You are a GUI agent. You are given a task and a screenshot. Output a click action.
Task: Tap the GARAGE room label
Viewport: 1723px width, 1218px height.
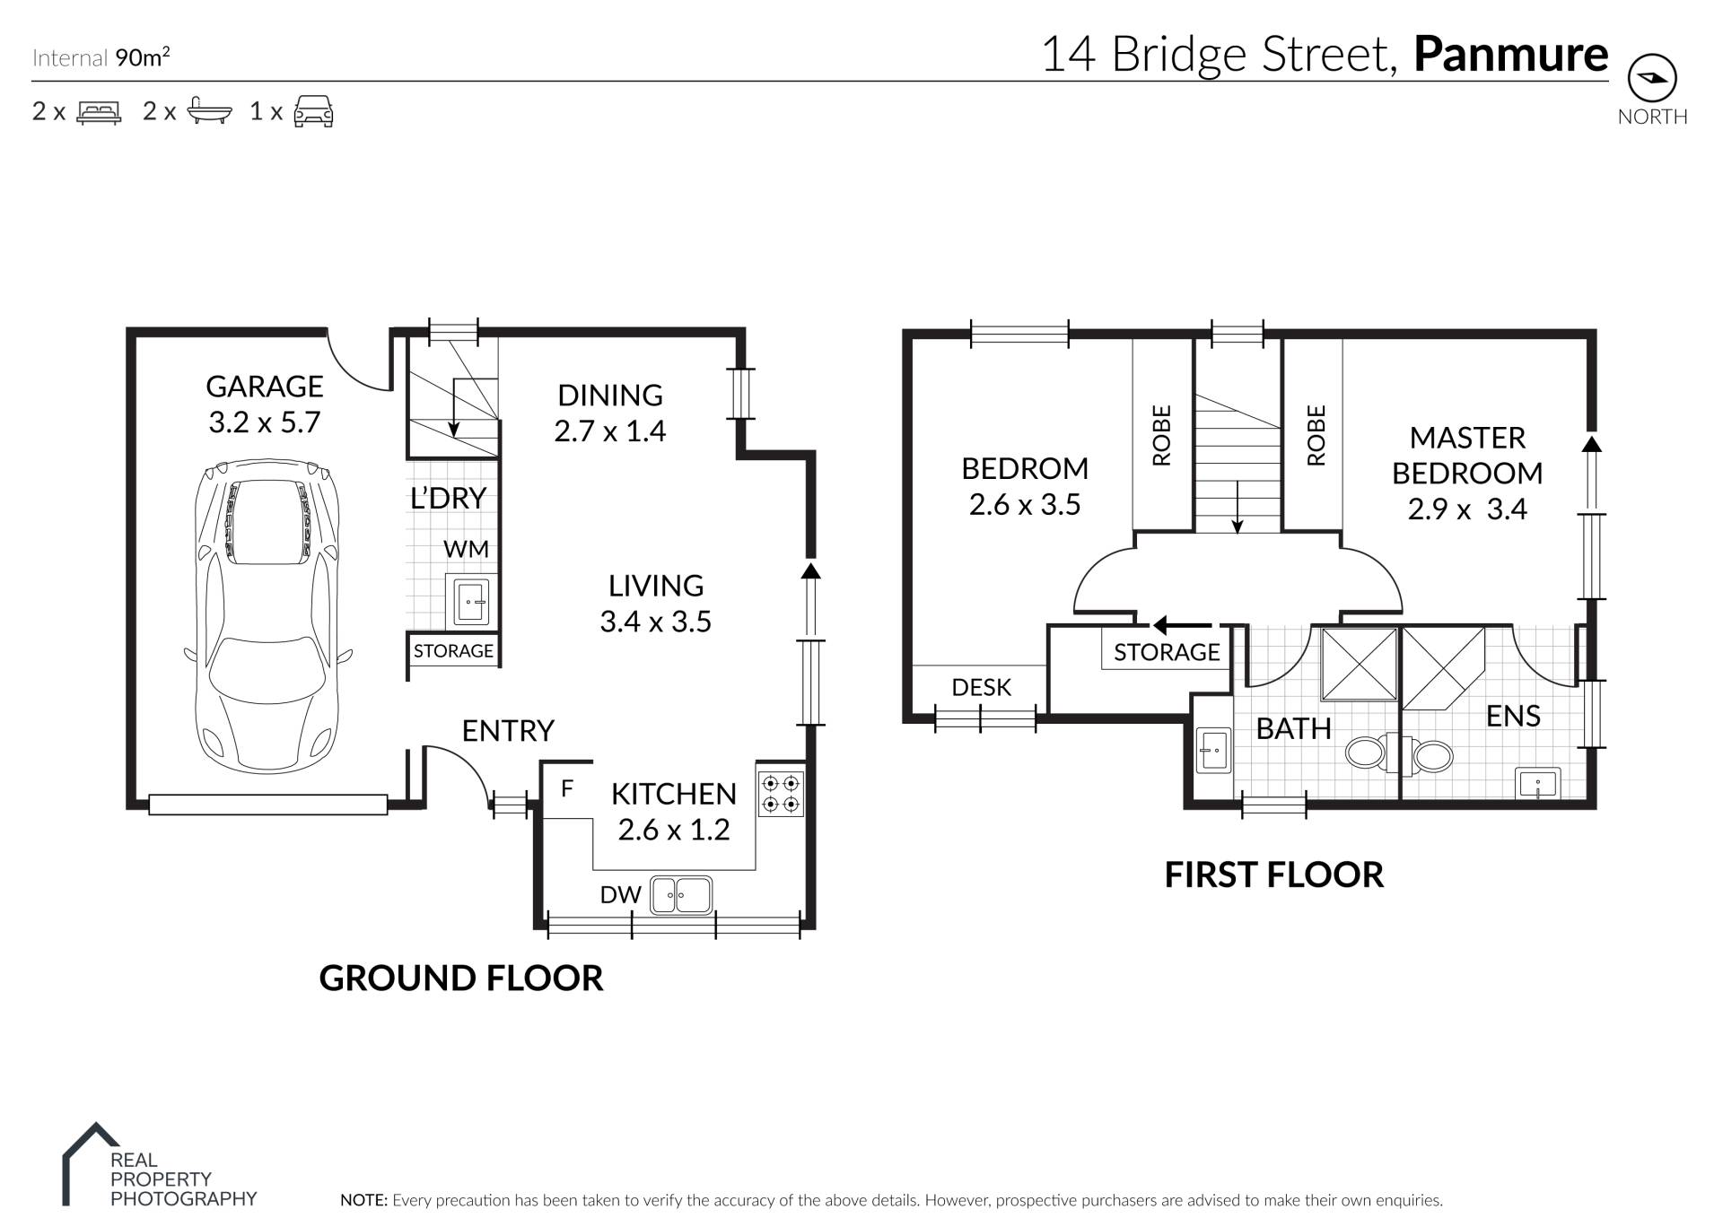(264, 387)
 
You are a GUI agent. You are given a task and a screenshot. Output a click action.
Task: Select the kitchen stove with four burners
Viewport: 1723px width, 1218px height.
(781, 794)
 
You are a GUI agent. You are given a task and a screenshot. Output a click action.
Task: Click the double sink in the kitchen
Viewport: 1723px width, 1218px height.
(681, 894)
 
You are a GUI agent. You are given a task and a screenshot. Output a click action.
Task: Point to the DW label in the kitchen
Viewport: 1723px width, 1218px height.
(621, 894)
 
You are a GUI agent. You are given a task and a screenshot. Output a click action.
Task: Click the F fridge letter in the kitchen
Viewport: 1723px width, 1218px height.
(566, 789)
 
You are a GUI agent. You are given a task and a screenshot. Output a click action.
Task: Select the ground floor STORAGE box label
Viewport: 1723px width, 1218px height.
(453, 651)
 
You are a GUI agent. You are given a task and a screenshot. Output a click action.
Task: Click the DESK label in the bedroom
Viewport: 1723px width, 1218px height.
(981, 687)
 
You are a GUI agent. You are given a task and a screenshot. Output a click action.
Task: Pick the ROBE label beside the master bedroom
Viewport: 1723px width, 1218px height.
(1316, 436)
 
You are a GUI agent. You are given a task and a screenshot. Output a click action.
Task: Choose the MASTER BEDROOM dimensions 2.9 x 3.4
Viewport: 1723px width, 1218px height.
(1467, 509)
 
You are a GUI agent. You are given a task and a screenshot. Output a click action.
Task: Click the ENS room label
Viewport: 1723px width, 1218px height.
(1513, 716)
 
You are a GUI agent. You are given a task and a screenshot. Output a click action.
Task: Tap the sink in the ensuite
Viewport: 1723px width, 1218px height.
(1538, 783)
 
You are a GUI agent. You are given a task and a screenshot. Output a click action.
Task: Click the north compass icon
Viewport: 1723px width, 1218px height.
(1651, 79)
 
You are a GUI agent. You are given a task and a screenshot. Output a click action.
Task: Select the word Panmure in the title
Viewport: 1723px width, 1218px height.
(1511, 54)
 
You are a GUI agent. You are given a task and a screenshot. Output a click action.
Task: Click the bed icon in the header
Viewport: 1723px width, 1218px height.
(99, 112)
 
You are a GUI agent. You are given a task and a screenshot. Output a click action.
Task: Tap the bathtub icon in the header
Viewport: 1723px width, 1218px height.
(210, 111)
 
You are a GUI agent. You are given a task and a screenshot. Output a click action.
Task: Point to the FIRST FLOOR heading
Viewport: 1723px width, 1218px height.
(1274, 874)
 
